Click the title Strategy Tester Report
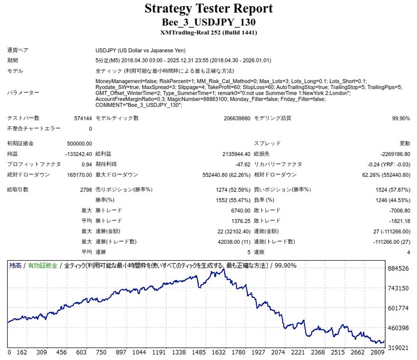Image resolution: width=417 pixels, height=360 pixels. coord(208,8)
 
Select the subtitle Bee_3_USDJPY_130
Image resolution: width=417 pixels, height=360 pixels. coord(208,22)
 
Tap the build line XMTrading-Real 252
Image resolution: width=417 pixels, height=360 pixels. coord(208,32)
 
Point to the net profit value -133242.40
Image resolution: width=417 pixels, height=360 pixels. coord(78,154)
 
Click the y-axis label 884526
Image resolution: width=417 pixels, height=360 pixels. coord(398,269)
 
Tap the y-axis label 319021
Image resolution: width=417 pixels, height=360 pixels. coord(398,348)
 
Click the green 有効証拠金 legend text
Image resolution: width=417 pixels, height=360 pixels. coord(43,266)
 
